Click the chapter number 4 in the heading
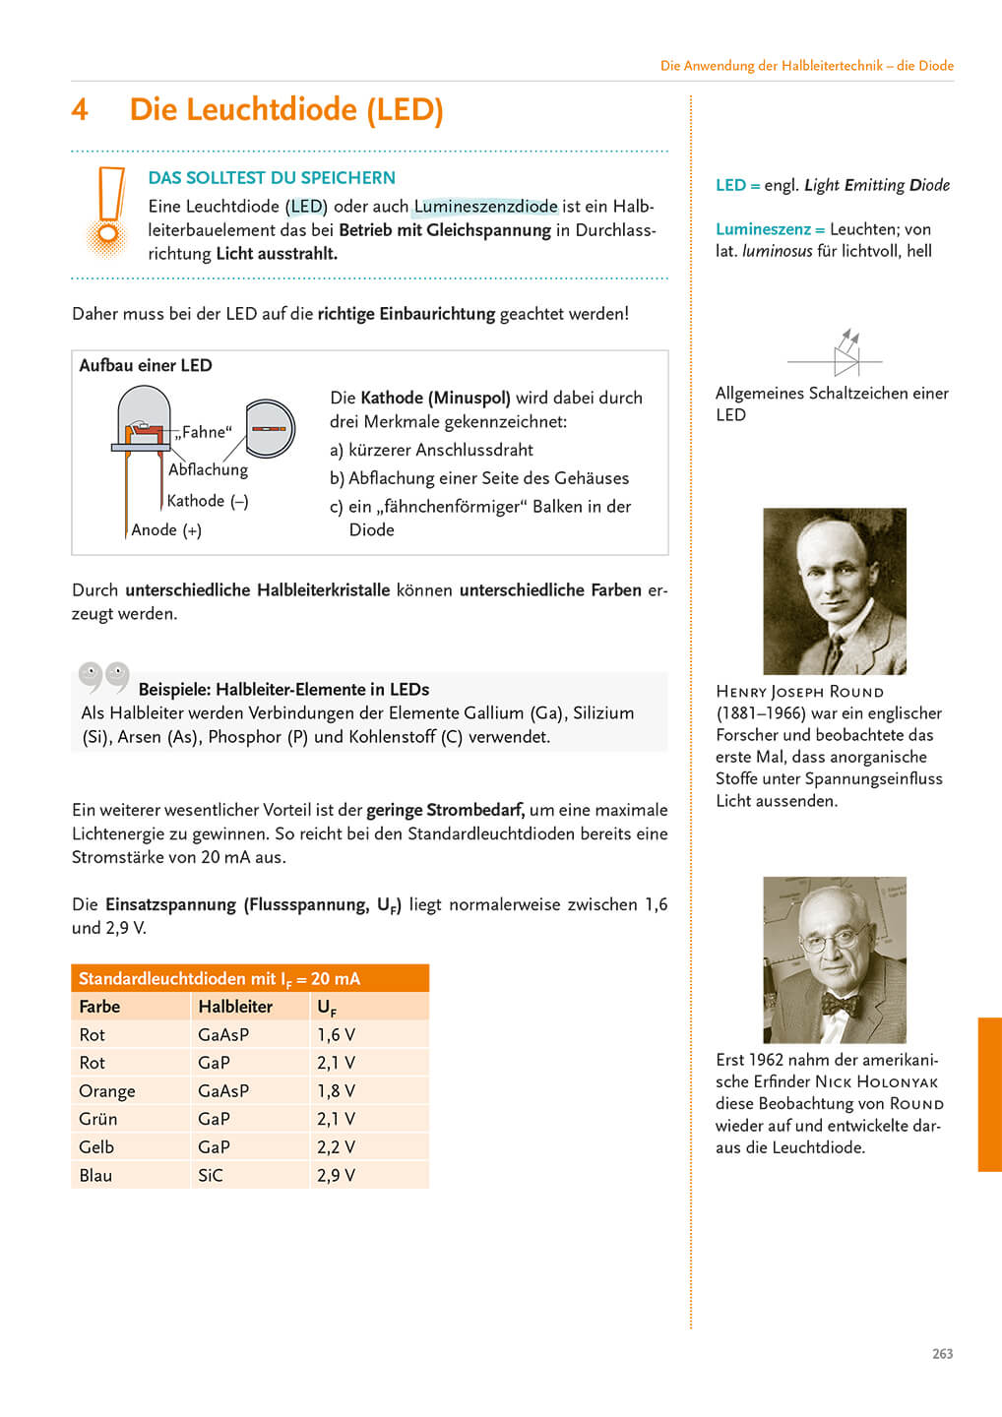[x=80, y=109]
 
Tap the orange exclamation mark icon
[x=109, y=210]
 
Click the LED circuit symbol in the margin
[x=845, y=355]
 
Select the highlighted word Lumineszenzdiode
[x=485, y=207]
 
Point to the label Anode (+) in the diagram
[x=166, y=530]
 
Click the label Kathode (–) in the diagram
[x=208, y=501]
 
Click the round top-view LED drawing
[x=270, y=428]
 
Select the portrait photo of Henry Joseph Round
[x=835, y=590]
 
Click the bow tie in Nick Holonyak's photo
[x=841, y=1005]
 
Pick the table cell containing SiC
[x=211, y=1175]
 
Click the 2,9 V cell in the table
[x=336, y=1175]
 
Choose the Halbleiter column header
[x=235, y=1007]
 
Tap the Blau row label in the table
[x=95, y=1175]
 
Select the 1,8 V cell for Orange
[x=336, y=1091]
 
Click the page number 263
[x=942, y=1354]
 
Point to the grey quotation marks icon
[x=104, y=675]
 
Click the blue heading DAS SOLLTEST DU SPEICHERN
[x=272, y=178]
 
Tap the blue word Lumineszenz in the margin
[x=763, y=229]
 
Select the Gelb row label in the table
[x=96, y=1147]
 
